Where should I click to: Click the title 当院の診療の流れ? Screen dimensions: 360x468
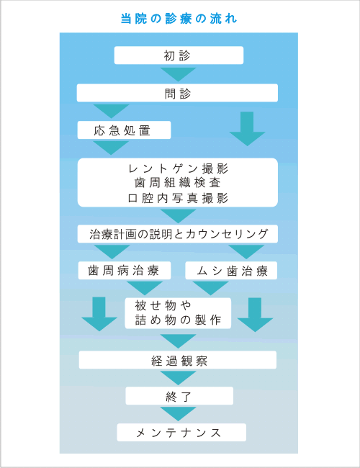click(x=179, y=19)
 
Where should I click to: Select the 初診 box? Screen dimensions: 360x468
click(x=179, y=55)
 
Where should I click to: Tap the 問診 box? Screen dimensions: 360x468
click(x=177, y=93)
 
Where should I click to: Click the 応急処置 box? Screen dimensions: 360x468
click(x=124, y=130)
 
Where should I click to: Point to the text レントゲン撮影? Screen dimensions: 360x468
click(x=179, y=168)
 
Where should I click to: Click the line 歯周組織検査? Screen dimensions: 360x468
click(x=178, y=183)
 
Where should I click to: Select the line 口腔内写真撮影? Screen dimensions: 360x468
click(x=179, y=198)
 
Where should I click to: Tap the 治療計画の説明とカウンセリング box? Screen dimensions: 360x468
click(x=178, y=234)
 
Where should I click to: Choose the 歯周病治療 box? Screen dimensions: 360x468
click(x=125, y=271)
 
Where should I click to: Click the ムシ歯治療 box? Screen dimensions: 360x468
click(x=231, y=271)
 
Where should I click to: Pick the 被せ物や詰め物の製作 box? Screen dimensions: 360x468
click(x=178, y=313)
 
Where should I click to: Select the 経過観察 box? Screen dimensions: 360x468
click(x=178, y=360)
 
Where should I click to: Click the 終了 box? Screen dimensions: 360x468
click(x=179, y=396)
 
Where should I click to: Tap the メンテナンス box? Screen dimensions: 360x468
click(x=181, y=432)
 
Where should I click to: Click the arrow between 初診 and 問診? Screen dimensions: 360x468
click(x=179, y=74)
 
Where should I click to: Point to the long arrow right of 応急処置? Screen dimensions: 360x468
click(x=247, y=129)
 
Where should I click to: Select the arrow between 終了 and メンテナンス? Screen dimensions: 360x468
click(x=179, y=414)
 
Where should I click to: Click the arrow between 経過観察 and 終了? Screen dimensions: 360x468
click(x=179, y=378)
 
